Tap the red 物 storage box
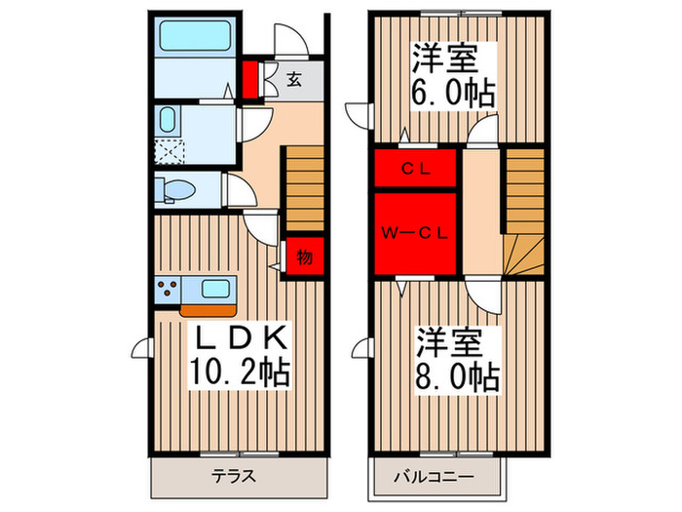pos(304,257)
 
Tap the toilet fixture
pos(175,189)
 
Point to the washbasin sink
pos(167,123)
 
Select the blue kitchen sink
pos(214,289)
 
